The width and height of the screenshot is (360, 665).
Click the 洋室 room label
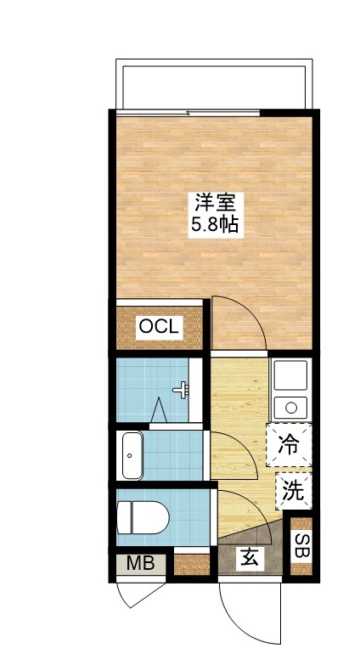pos(215,204)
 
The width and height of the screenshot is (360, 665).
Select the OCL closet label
pos(159,326)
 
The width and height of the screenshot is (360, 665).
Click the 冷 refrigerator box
pos(289,444)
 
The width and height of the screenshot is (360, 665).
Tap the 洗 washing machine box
pos(291,490)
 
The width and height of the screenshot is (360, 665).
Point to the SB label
pos(301,545)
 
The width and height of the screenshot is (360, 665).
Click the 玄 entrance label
pos(250,558)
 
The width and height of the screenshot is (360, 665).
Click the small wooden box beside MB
pos(191,564)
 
